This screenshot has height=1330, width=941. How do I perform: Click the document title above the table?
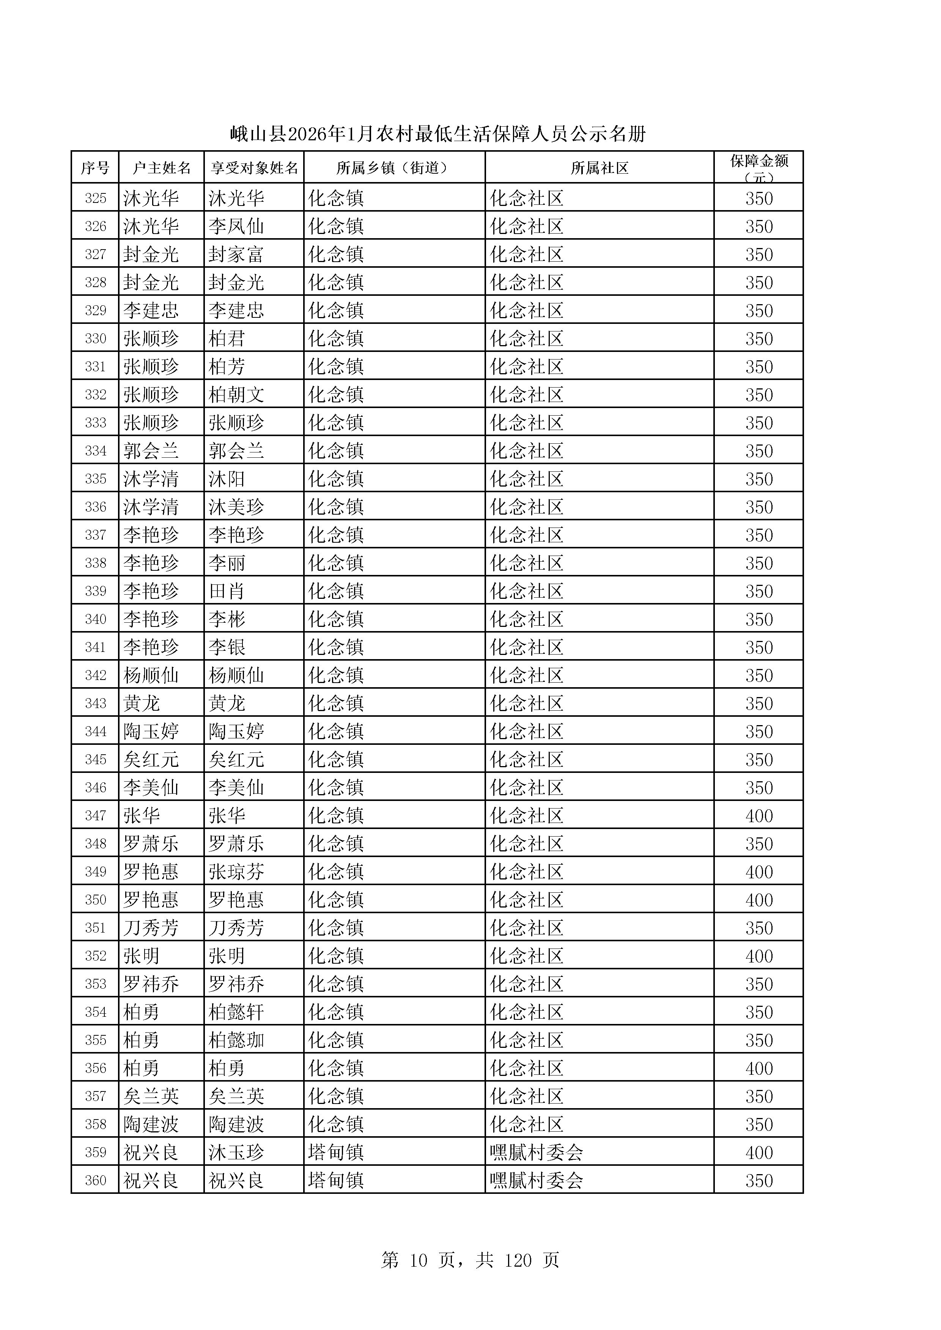click(437, 134)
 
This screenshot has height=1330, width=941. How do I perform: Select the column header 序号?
click(95, 168)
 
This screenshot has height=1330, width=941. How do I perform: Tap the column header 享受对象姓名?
click(254, 168)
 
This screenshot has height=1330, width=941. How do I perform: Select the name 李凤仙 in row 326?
click(236, 226)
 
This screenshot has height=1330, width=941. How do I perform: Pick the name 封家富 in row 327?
click(236, 254)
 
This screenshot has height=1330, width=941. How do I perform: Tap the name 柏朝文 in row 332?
click(236, 395)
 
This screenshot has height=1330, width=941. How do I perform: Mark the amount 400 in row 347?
click(758, 816)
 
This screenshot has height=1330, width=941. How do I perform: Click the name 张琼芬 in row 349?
click(236, 872)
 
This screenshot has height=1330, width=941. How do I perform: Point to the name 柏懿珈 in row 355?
click(236, 1040)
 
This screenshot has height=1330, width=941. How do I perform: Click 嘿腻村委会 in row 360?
click(536, 1181)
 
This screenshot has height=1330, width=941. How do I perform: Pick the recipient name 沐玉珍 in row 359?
click(236, 1153)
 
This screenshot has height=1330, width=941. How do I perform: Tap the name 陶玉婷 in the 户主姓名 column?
click(151, 732)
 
